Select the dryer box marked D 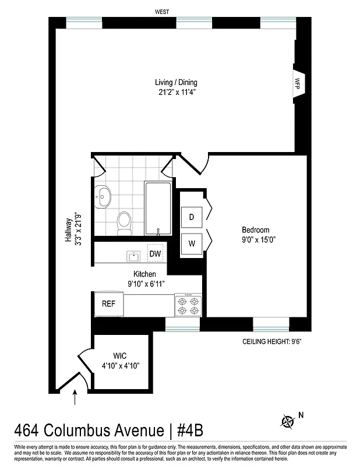coord(191,217)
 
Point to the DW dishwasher coord(155,254)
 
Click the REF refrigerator coord(109,304)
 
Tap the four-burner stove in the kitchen coord(188,304)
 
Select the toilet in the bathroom coord(124,222)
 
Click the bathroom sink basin coord(105,196)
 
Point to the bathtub coord(157,208)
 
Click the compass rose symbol coord(288,421)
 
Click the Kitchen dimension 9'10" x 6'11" coord(146,284)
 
